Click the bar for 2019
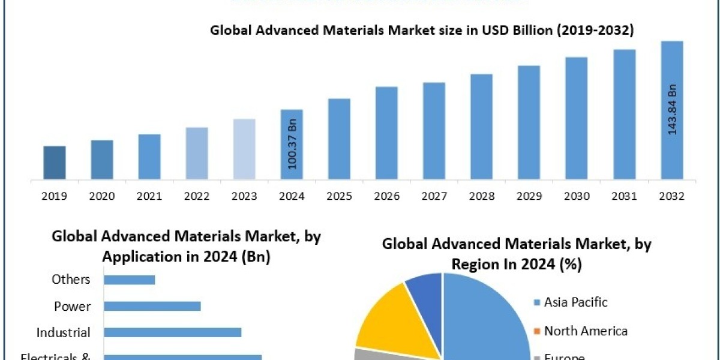55,163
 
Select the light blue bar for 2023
244,149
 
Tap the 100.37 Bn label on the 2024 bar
293,144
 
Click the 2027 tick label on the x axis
434,196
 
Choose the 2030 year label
577,196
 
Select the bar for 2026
386,133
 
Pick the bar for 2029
529,122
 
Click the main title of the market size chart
421,31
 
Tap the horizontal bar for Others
129,280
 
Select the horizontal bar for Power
152,306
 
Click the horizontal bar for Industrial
172,332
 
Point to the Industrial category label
64,332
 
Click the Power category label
72,306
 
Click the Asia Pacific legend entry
575,302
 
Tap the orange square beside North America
537,331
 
